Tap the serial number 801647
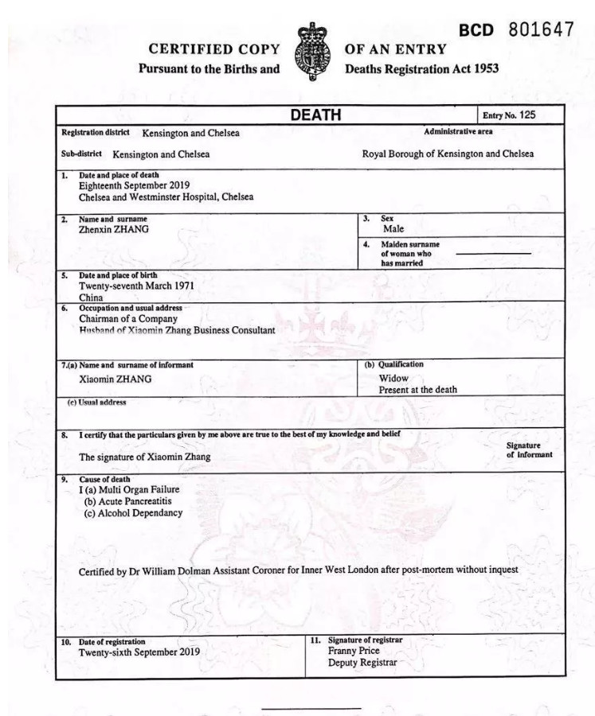(542, 29)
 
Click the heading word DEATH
(315, 115)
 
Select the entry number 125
(526, 115)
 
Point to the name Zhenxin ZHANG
(113, 229)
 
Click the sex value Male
(393, 229)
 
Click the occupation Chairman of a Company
(127, 318)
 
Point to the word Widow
(393, 379)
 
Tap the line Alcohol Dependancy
(133, 513)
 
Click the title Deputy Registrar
(362, 663)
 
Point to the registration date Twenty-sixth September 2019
(139, 652)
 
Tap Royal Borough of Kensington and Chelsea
(448, 154)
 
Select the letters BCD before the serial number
(476, 31)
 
